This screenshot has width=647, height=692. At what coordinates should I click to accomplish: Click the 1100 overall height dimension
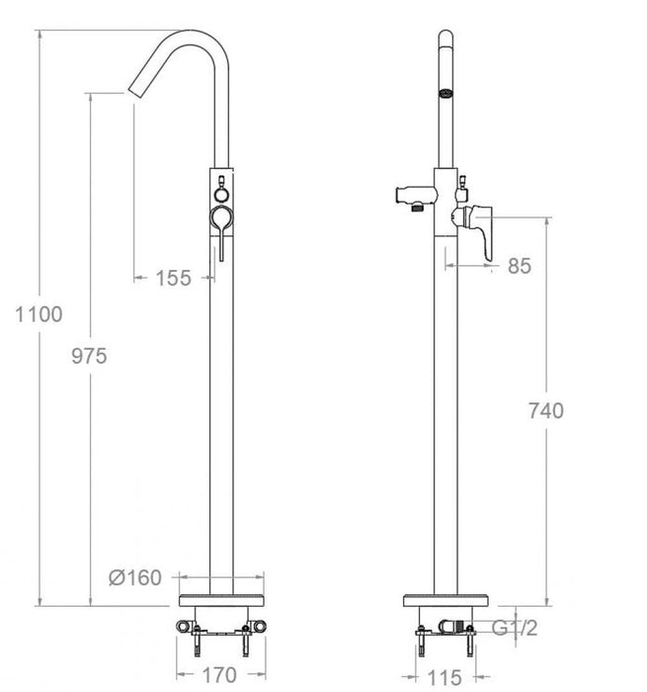pos(40,315)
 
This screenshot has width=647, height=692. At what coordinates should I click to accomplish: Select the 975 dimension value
pos(89,357)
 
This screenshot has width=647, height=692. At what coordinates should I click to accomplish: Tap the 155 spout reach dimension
pos(174,278)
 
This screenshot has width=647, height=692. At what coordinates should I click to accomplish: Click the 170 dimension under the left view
pos(218,676)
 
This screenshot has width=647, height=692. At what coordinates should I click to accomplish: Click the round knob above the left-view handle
pos(221,182)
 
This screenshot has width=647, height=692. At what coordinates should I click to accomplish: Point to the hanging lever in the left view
pos(222,233)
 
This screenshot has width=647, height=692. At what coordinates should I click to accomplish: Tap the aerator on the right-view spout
pos(445,93)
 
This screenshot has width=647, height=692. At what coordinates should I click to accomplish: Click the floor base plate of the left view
pos(221,602)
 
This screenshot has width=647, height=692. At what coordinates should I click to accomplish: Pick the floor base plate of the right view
pos(448,602)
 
